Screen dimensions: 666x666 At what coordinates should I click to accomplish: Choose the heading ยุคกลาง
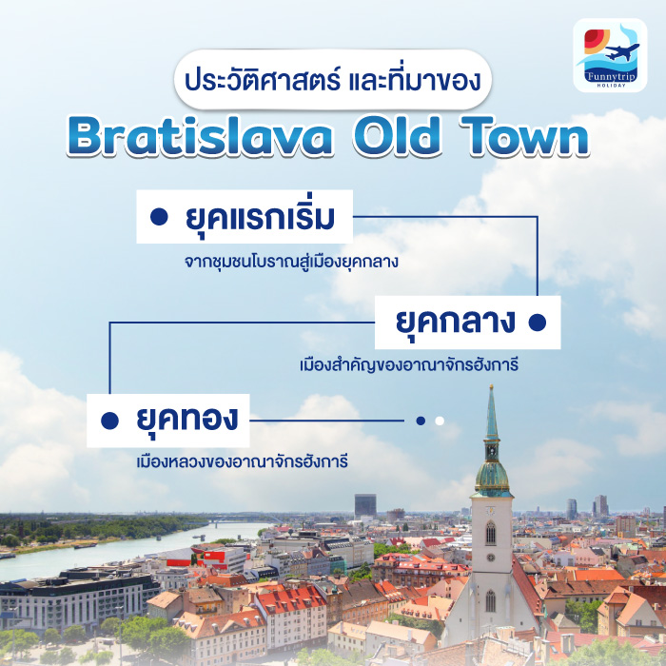[x=456, y=322]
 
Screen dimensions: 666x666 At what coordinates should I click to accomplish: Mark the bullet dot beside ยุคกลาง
[x=537, y=323]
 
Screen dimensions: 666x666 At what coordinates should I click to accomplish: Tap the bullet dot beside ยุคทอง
[x=110, y=420]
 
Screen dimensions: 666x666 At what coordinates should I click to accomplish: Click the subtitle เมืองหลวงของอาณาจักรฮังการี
[x=242, y=461]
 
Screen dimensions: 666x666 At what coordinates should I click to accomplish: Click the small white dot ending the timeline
[x=440, y=421]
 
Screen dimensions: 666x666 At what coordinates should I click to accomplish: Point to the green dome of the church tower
[x=492, y=476]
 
